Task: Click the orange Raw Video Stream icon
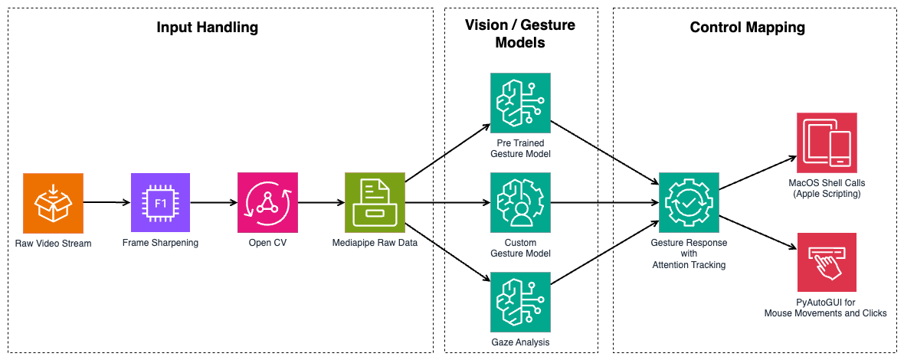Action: [53, 202]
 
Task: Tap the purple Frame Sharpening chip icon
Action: [160, 202]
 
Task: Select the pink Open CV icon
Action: [267, 202]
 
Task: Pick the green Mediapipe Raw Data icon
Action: [375, 202]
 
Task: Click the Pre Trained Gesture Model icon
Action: [520, 103]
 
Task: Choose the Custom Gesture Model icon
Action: [520, 202]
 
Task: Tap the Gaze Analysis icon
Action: [520, 302]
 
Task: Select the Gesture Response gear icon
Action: [689, 202]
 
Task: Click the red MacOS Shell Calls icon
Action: [827, 142]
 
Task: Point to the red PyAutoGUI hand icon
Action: [827, 263]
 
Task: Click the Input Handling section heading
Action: [208, 28]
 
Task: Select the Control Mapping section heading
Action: [748, 28]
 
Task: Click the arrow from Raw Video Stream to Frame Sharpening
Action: [106, 203]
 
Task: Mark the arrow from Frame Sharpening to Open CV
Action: [214, 203]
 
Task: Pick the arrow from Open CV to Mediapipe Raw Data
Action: [321, 203]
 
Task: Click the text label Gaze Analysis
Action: [520, 342]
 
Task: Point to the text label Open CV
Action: [267, 243]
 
